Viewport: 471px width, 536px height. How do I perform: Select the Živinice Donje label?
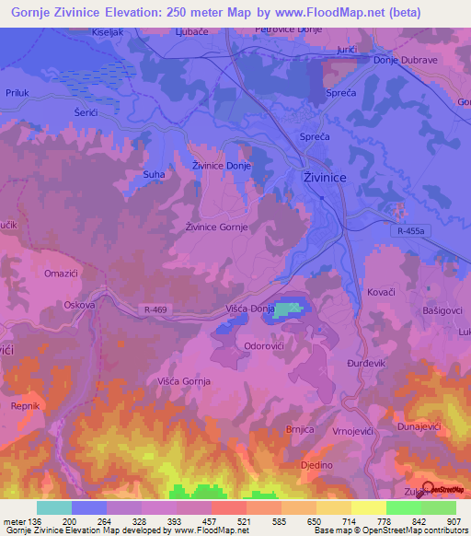click(x=221, y=166)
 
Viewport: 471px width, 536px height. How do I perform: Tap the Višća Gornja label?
click(x=184, y=380)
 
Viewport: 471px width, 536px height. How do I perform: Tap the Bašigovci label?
click(x=431, y=313)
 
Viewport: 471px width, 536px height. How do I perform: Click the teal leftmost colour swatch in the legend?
click(x=53, y=507)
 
